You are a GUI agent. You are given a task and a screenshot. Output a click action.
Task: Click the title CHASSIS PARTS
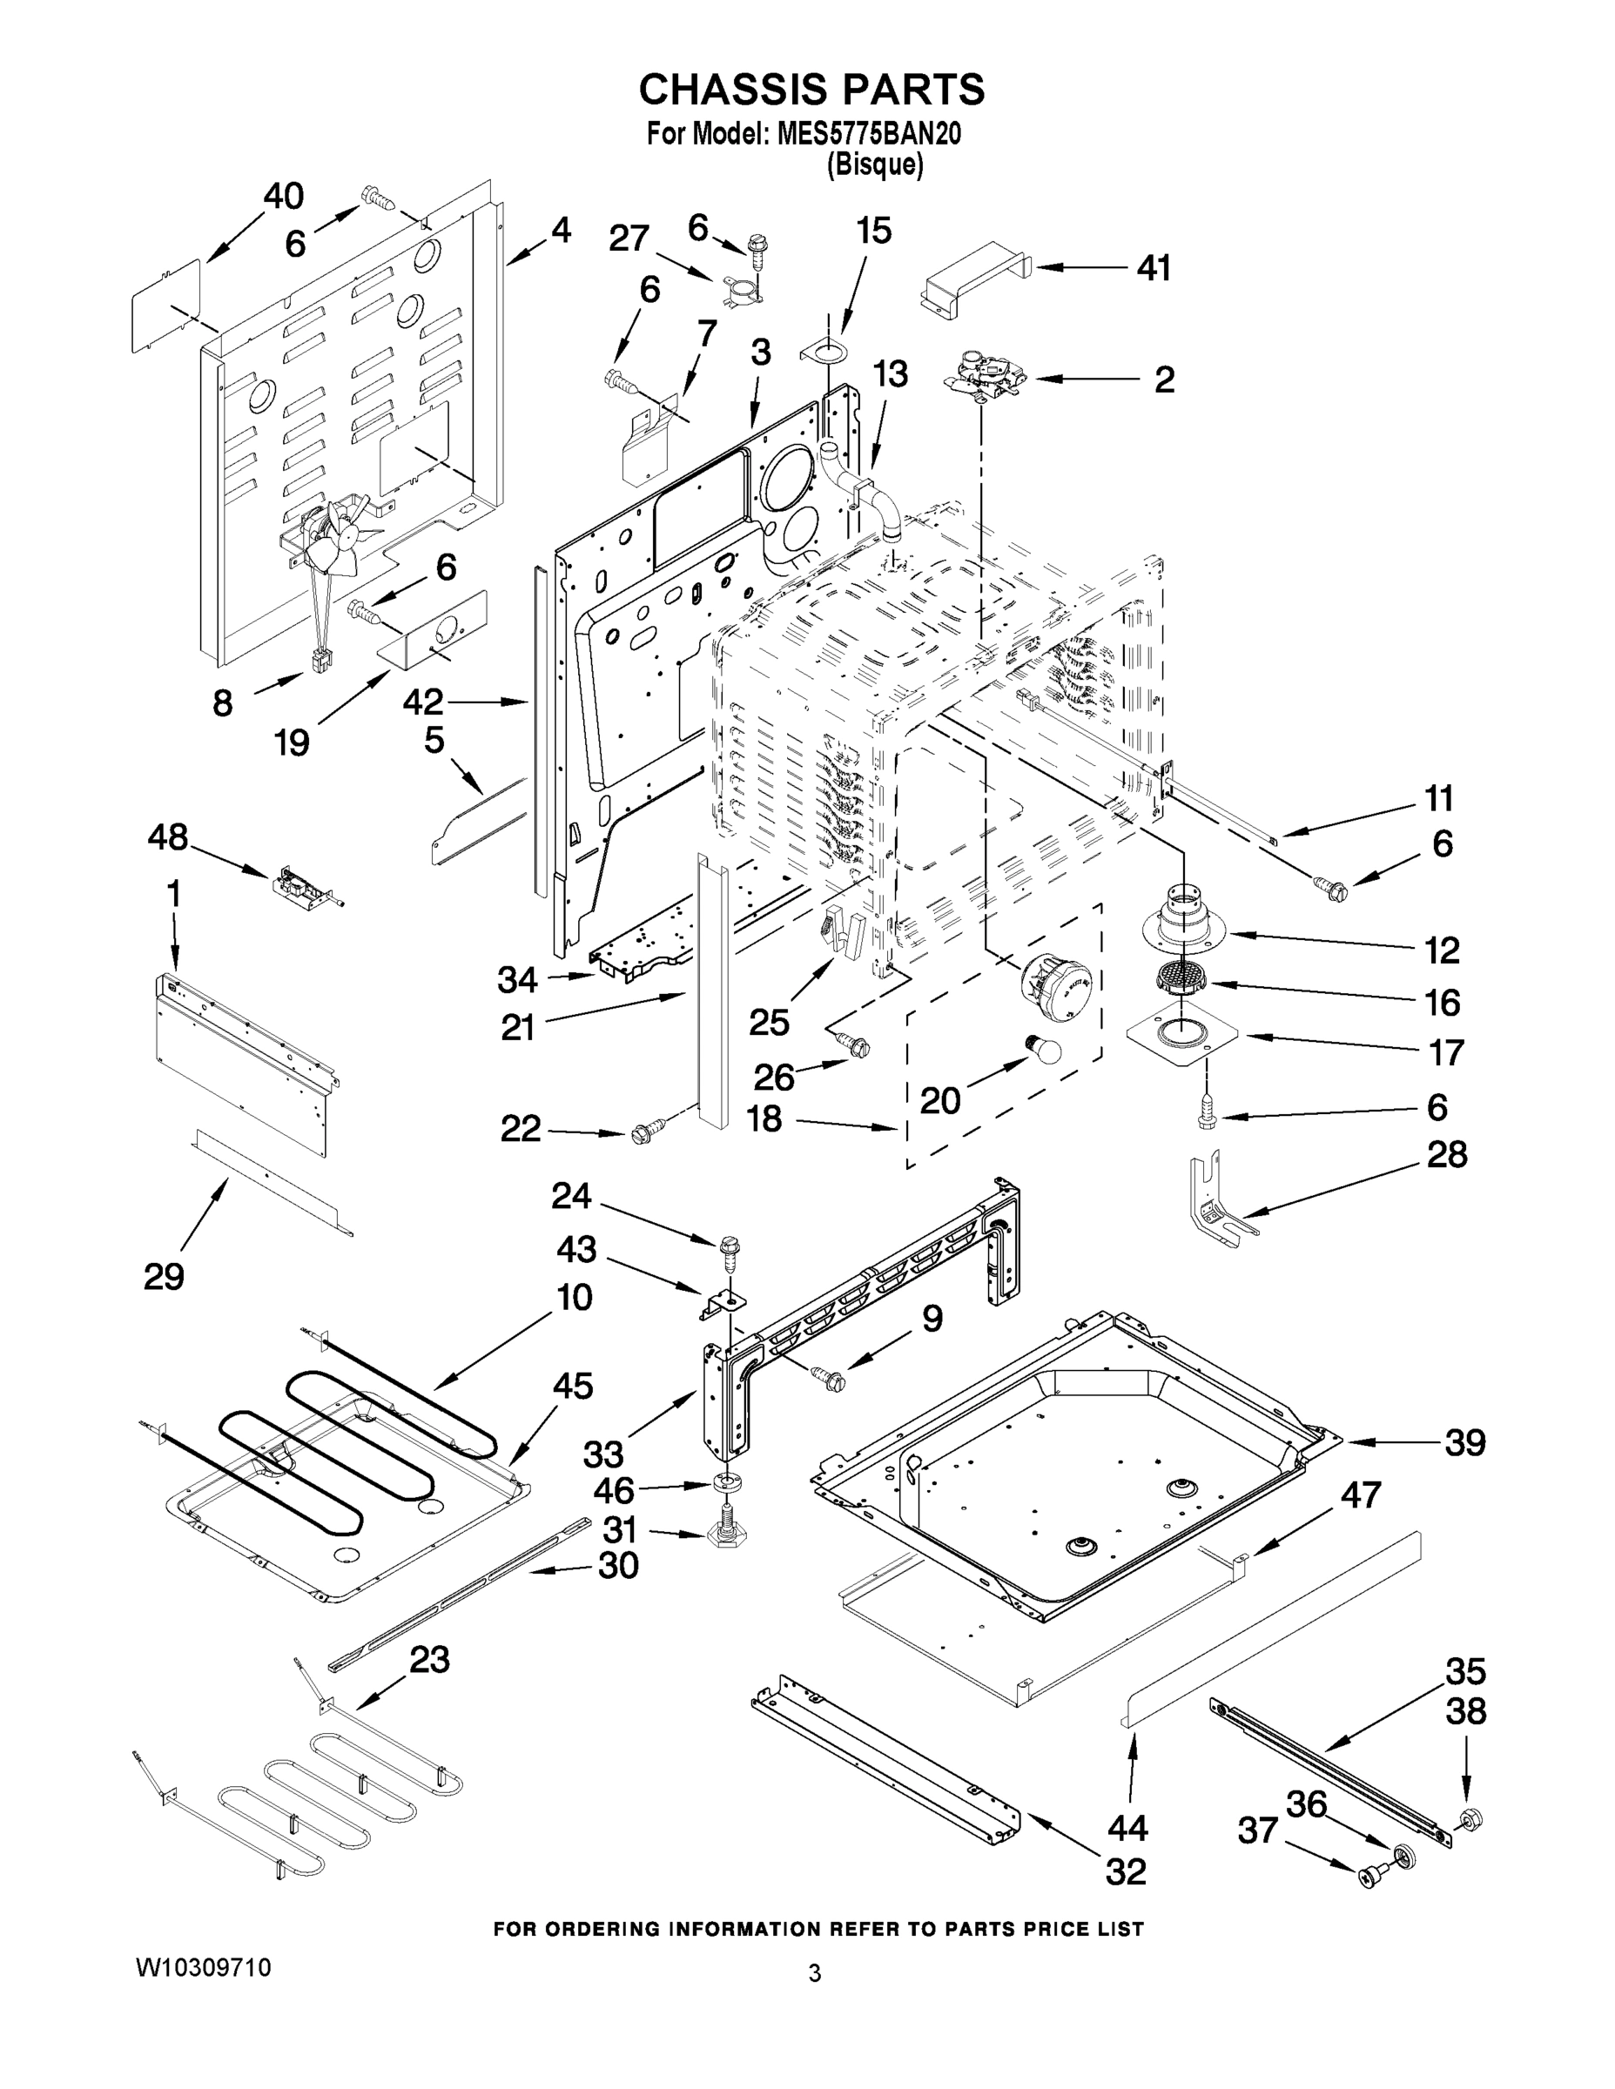pyautogui.click(x=811, y=89)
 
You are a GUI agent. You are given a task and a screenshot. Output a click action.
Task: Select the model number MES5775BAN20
pyautogui.click(x=868, y=134)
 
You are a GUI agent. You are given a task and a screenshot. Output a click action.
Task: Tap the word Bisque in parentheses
pyautogui.click(x=874, y=165)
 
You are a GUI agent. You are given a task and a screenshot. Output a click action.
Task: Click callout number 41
pyautogui.click(x=1154, y=269)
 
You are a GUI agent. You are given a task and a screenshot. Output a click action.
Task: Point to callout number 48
pyautogui.click(x=167, y=838)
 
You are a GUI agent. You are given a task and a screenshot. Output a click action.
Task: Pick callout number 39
pyautogui.click(x=1464, y=1442)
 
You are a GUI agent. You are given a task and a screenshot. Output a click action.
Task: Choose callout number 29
pyautogui.click(x=164, y=1276)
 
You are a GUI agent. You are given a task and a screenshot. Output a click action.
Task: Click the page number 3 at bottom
pyautogui.click(x=814, y=1973)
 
